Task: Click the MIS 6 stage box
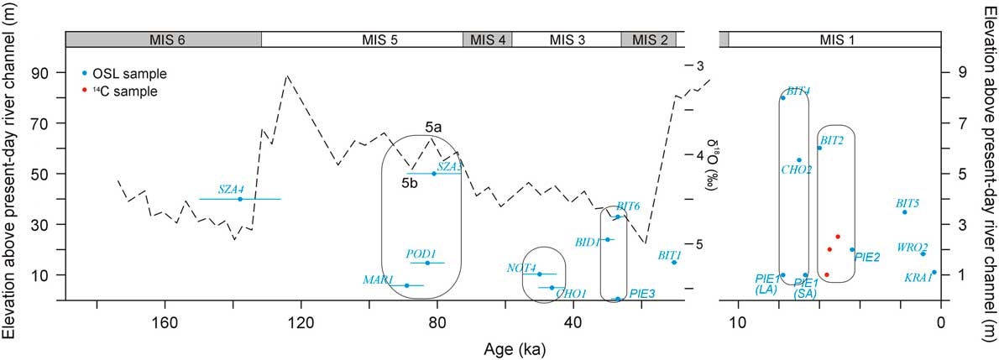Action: point(164,39)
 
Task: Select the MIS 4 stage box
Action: point(487,39)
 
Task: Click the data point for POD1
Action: point(427,263)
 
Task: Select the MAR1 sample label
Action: point(379,279)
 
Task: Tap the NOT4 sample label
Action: point(521,268)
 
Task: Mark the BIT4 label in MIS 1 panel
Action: point(798,91)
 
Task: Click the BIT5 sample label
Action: point(907,203)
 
